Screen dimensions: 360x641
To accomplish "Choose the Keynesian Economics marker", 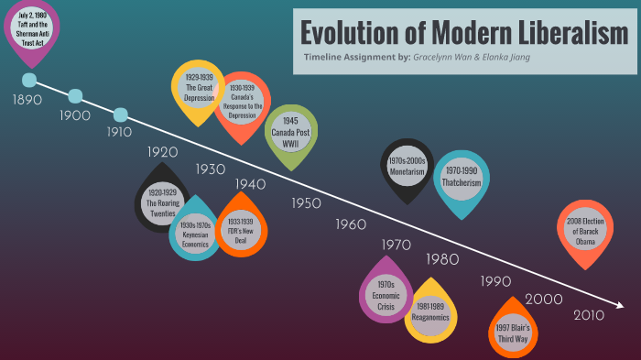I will click(195, 231).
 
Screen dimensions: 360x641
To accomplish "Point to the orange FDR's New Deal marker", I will click(241, 227).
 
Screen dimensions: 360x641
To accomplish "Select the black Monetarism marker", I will click(407, 166).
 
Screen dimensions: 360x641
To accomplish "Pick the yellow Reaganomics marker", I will click(430, 312).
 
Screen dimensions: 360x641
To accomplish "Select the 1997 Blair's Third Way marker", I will click(513, 332).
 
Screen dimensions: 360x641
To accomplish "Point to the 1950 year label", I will click(306, 203).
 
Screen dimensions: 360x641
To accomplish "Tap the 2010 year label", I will click(588, 316).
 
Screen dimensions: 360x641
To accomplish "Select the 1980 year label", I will click(442, 259).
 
